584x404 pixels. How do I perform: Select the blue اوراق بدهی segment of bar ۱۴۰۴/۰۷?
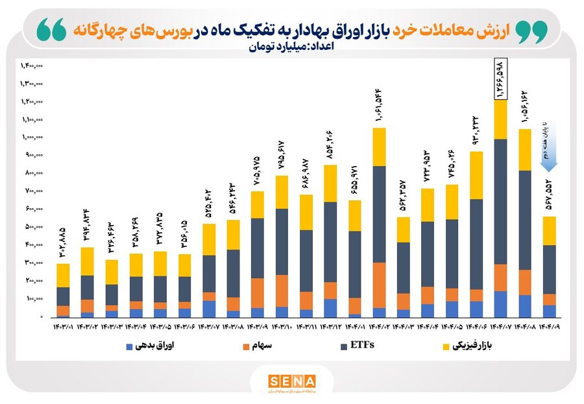(x=500, y=304)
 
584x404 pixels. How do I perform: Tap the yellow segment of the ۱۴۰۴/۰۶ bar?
(x=475, y=175)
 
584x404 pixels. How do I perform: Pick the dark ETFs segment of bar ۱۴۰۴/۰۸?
(x=524, y=220)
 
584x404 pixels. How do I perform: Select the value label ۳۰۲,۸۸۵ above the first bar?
(x=62, y=241)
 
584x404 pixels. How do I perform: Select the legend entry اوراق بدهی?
(x=149, y=346)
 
